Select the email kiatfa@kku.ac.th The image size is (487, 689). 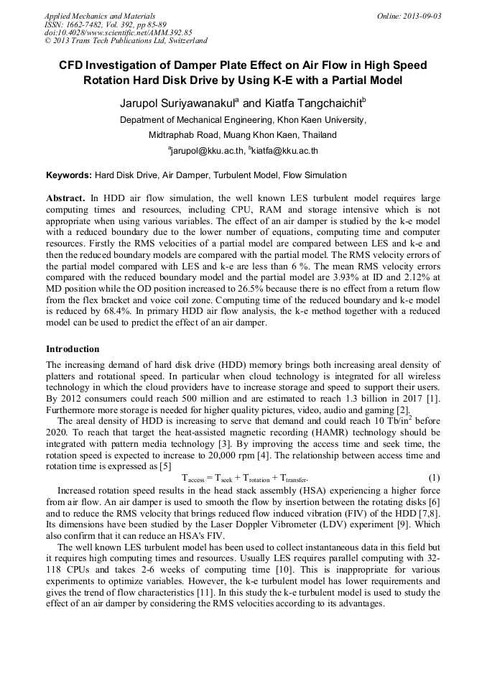tap(285, 151)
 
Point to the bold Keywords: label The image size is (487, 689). tap(69, 175)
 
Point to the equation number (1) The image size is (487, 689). tap(434, 478)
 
